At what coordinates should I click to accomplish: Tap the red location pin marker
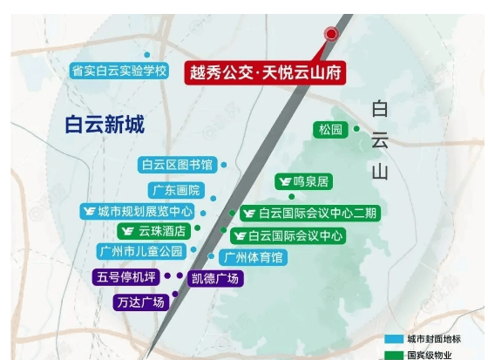(331, 35)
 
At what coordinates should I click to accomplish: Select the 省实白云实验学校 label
(119, 71)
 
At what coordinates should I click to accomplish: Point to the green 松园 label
(331, 131)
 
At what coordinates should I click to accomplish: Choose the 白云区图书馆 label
(177, 164)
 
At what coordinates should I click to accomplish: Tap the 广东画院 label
(176, 190)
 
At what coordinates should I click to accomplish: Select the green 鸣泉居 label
(303, 182)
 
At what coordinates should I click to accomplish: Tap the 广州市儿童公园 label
(141, 252)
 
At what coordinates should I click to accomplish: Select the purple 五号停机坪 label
(126, 277)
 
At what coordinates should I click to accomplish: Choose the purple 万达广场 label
(140, 302)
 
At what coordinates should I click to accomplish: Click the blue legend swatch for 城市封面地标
(395, 338)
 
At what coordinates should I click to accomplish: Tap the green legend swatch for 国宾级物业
(395, 354)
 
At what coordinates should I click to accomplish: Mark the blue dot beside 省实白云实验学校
(146, 55)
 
